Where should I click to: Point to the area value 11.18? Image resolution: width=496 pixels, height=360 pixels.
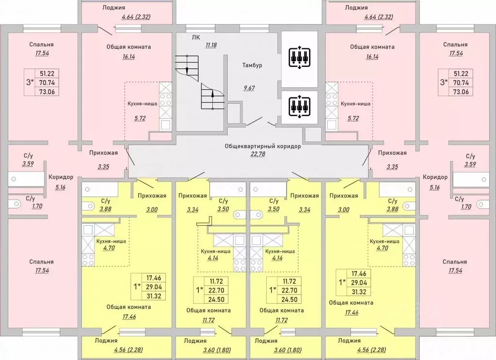pyautogui.click(x=211, y=45)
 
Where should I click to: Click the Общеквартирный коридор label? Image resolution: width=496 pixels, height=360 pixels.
pyautogui.click(x=263, y=146)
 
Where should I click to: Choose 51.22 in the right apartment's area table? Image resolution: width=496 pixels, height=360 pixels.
pyautogui.click(x=462, y=74)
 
